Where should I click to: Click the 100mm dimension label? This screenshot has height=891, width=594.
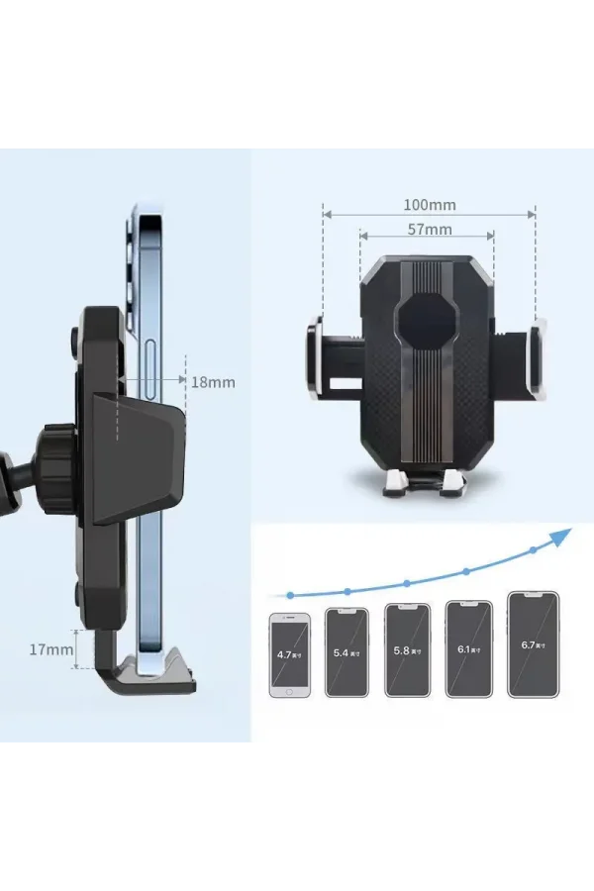pyautogui.click(x=429, y=205)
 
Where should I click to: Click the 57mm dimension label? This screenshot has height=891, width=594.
pyautogui.click(x=428, y=230)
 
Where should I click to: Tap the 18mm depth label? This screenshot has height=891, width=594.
pyautogui.click(x=213, y=381)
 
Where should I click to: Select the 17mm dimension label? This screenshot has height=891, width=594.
pyautogui.click(x=50, y=649)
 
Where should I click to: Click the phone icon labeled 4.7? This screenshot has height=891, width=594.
pyautogui.click(x=290, y=655)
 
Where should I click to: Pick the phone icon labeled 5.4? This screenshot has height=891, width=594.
pyautogui.click(x=346, y=652)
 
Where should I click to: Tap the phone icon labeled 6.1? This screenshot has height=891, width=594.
pyautogui.click(x=468, y=648)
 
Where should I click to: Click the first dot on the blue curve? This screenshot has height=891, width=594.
pyautogui.click(x=290, y=595)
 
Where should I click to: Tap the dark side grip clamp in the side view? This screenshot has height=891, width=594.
pyautogui.click(x=139, y=455)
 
